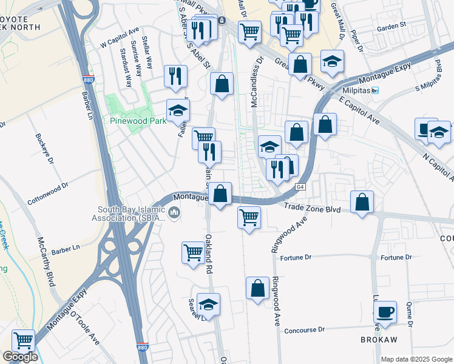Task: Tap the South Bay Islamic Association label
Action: tap(128, 214)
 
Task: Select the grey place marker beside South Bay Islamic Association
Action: tap(175, 212)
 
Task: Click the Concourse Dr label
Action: tap(305, 330)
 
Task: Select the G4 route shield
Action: tap(300, 187)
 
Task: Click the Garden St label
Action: tap(391, 27)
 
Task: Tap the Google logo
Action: tap(20, 357)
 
